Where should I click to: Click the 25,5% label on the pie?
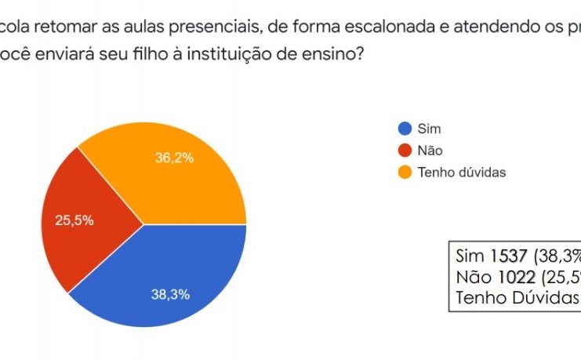74,220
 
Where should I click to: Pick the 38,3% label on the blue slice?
170,295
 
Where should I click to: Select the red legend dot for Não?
405,151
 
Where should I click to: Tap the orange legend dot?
405,173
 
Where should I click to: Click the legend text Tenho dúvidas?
462,173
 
